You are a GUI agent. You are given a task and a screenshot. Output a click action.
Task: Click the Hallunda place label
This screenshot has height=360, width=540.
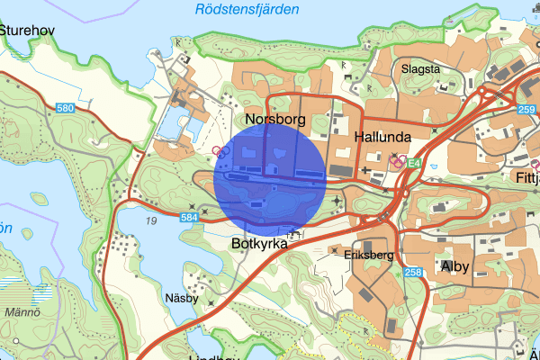382,138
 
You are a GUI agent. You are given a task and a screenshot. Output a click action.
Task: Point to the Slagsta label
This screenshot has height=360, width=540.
421,68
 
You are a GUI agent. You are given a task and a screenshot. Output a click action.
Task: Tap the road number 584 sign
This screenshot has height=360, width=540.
188,217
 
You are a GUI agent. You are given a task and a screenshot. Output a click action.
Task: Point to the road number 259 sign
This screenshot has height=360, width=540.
526,108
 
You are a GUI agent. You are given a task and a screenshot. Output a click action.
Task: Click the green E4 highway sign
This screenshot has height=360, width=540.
413,163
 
